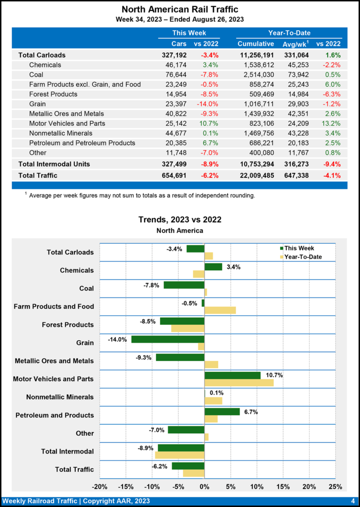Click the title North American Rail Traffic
click(180, 9)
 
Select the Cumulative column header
click(256, 44)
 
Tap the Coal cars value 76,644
click(175, 75)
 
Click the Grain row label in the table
click(37, 104)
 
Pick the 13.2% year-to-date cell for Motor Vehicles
click(329, 123)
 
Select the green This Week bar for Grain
click(167, 339)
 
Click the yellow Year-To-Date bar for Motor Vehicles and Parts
click(239, 383)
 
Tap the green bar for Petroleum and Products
click(222, 411)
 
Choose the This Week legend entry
click(299, 249)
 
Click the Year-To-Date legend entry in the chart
click(304, 257)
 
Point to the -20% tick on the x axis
click(101, 486)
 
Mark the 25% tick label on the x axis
click(335, 486)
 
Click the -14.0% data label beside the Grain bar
click(118, 340)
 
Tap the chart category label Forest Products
click(68, 325)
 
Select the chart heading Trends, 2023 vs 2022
click(180, 219)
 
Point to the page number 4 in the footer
click(353, 501)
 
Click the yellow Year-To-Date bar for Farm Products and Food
click(220, 310)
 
